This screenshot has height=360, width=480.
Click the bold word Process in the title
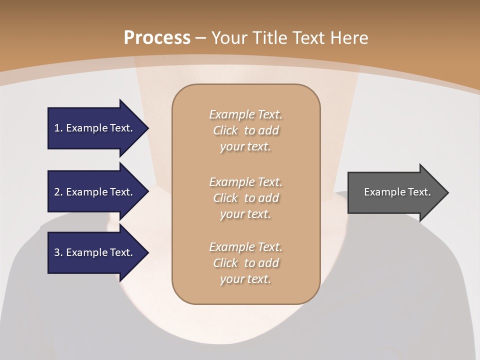tap(157, 37)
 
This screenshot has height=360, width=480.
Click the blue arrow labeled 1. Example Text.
tap(95, 128)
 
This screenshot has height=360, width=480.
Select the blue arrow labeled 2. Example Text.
tap(95, 192)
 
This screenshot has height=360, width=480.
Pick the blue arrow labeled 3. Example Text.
tap(95, 252)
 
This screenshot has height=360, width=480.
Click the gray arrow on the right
tap(395, 192)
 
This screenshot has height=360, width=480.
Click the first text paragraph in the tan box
tap(245, 130)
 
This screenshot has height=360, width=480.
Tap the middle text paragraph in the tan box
tap(245, 198)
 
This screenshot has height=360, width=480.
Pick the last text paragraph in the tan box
tap(245, 263)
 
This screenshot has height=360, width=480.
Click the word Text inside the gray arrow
tap(419, 192)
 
